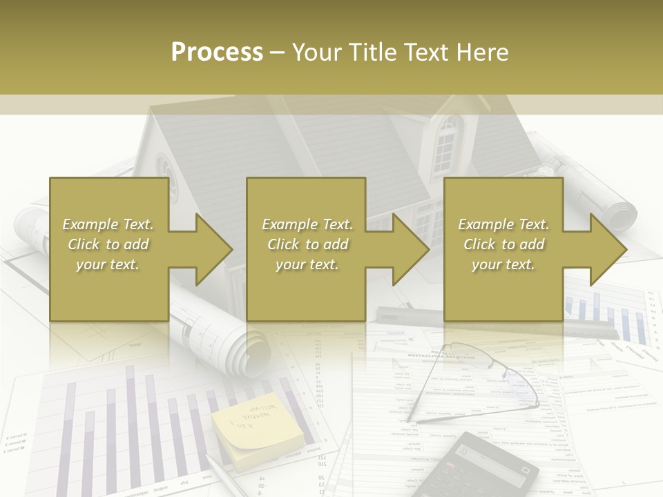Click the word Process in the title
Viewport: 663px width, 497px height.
217,52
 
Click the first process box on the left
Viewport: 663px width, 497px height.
109,249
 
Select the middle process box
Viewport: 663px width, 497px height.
306,249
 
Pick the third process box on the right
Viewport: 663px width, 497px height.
503,249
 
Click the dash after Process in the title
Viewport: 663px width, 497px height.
278,53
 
